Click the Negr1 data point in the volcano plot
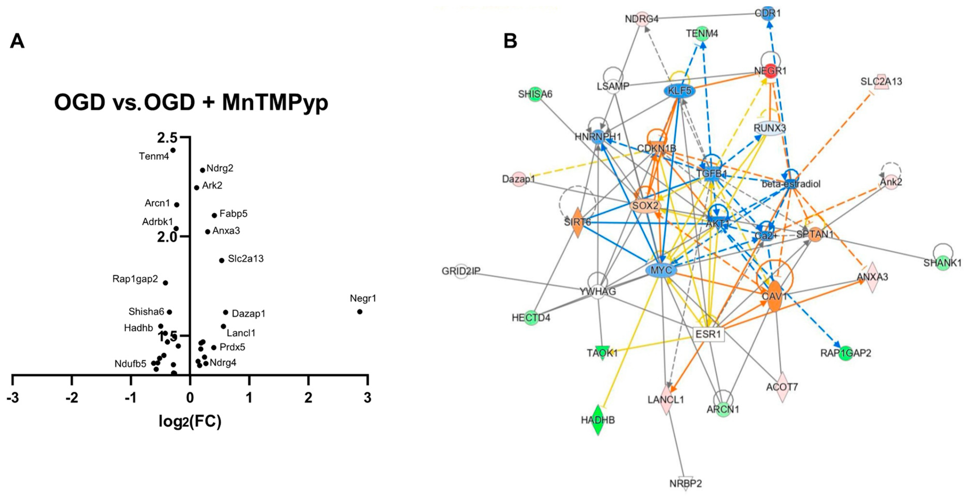pyautogui.click(x=360, y=312)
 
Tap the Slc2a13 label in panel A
pyautogui.click(x=246, y=259)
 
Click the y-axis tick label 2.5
pyautogui.click(x=167, y=138)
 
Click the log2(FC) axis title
pyautogui.click(x=190, y=421)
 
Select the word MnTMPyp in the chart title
pyautogui.click(x=275, y=102)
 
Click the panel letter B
pyautogui.click(x=510, y=41)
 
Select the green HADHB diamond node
pyautogui.click(x=598, y=420)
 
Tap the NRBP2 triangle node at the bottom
pyautogui.click(x=685, y=484)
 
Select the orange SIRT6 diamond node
pyautogui.click(x=577, y=222)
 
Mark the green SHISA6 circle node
pyautogui.click(x=535, y=94)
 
